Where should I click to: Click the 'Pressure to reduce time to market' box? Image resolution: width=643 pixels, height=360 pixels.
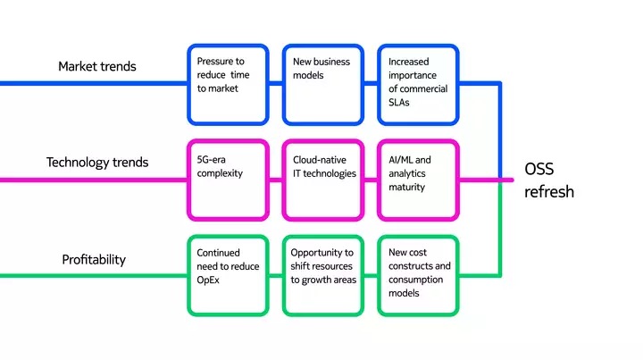[228, 84]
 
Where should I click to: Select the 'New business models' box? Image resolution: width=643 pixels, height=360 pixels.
[322, 84]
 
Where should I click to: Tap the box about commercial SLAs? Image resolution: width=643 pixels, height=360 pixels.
[418, 84]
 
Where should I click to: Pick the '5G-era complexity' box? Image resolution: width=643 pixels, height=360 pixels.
[228, 180]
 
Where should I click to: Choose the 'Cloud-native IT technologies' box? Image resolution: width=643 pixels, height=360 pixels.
[322, 180]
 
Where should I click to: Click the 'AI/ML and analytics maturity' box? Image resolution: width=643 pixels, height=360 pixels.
[418, 180]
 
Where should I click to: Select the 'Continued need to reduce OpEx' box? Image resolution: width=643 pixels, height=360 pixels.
[228, 275]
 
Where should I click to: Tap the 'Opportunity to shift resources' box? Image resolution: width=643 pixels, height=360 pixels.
[322, 275]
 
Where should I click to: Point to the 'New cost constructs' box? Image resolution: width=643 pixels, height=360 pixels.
[418, 275]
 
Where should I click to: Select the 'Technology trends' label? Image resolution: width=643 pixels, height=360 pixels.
[97, 163]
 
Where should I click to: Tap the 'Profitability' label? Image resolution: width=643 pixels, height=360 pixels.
[94, 260]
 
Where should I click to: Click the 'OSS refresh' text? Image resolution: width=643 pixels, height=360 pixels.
[548, 180]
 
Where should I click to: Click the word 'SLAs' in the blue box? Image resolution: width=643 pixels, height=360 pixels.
[399, 103]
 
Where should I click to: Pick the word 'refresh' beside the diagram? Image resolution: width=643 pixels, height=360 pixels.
[548, 192]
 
